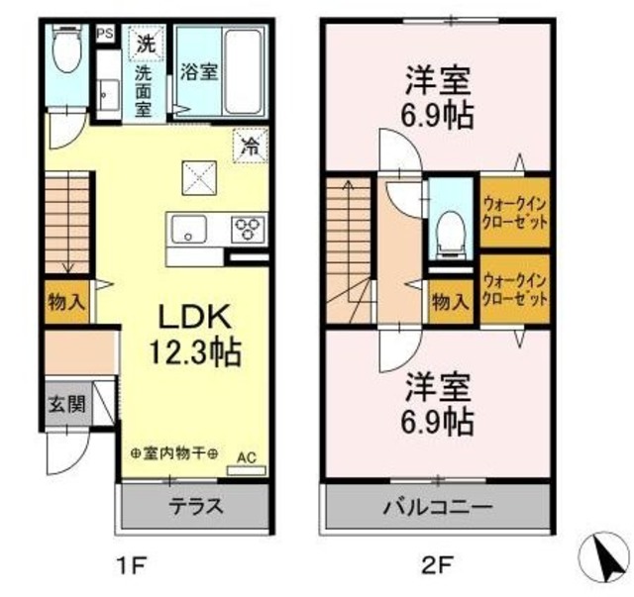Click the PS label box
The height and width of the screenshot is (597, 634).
click(x=105, y=33)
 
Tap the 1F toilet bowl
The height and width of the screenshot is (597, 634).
click(x=67, y=50)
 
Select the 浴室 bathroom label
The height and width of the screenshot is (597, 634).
click(x=198, y=72)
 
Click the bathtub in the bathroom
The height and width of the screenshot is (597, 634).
click(x=244, y=71)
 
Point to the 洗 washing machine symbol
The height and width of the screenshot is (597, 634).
click(x=146, y=44)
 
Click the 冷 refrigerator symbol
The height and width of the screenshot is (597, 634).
click(x=251, y=146)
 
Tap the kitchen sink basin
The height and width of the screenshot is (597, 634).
click(x=189, y=229)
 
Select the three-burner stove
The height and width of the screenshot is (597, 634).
click(x=249, y=229)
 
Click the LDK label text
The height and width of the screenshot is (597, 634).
click(x=194, y=317)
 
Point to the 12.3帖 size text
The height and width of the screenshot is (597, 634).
click(x=195, y=352)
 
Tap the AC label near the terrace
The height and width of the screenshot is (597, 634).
click(x=247, y=458)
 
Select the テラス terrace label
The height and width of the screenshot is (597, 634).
click(x=196, y=506)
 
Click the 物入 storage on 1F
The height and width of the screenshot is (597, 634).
click(x=66, y=302)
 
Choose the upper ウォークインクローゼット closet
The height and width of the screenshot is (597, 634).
click(x=515, y=212)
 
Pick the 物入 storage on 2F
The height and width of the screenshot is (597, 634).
click(x=451, y=302)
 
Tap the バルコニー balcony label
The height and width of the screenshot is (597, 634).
click(x=438, y=506)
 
